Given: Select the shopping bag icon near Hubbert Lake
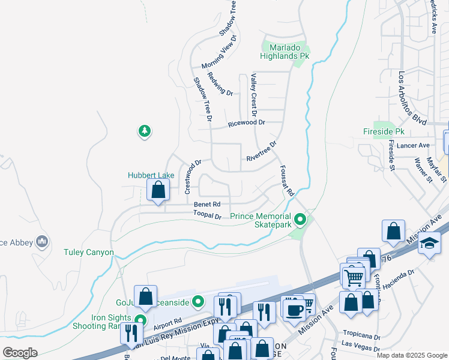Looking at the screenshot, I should tap(158, 190).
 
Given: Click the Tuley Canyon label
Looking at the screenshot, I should tap(88, 253).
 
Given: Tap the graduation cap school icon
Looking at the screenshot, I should tap(430, 244).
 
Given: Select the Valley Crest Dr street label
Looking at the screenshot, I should tap(253, 95).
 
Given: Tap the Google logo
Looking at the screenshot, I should tap(20, 353).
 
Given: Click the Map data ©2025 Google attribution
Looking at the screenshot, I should tap(411, 355).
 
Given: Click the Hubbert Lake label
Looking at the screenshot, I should tap(151, 175).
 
